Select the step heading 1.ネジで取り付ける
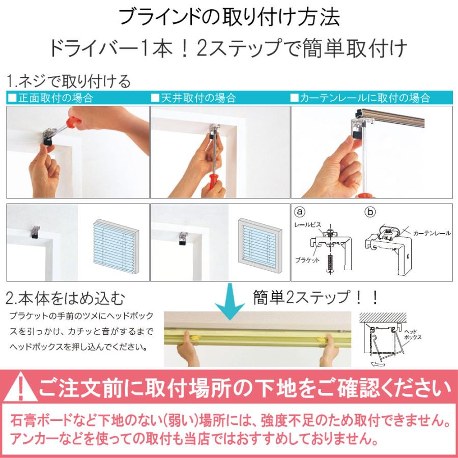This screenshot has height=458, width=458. (x=69, y=81)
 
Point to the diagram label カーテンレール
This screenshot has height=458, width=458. (x=432, y=233)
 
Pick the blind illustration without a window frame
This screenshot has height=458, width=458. (x=115, y=242)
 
